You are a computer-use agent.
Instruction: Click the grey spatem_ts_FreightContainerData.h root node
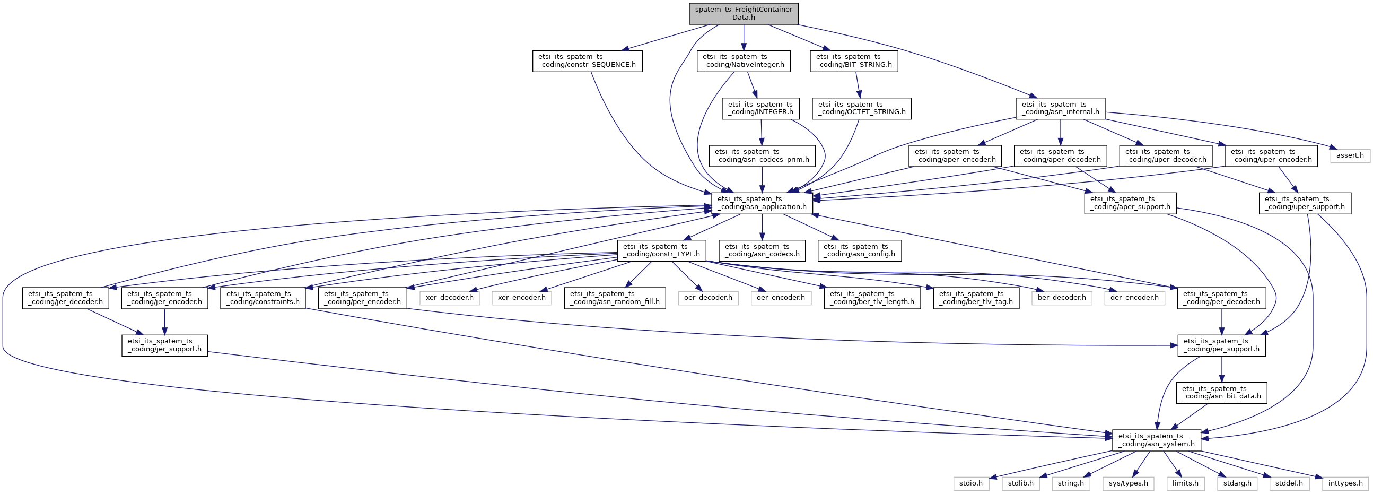click(x=743, y=13)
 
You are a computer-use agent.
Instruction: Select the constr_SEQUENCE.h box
click(x=587, y=61)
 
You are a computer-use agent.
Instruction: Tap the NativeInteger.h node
click(x=743, y=61)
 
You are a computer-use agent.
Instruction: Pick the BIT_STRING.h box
click(x=853, y=61)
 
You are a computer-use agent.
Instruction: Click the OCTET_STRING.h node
click(x=861, y=108)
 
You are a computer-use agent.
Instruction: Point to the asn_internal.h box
click(x=1060, y=108)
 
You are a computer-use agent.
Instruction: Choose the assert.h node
click(x=1350, y=156)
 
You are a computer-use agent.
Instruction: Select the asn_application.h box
click(x=762, y=203)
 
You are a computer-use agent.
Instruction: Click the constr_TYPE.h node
click(x=661, y=250)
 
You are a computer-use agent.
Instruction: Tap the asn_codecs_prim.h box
click(x=762, y=156)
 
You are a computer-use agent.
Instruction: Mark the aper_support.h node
click(x=1130, y=203)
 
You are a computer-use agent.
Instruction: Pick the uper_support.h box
click(x=1305, y=203)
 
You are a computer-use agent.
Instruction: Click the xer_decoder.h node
click(x=449, y=298)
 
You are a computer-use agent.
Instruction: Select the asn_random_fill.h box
click(x=615, y=298)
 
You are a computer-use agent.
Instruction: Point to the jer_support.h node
click(x=164, y=345)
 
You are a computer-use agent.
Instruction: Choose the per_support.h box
click(x=1221, y=345)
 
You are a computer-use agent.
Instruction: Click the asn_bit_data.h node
click(x=1221, y=393)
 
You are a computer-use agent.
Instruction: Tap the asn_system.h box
click(x=1156, y=440)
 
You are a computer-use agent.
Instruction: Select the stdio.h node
click(x=971, y=483)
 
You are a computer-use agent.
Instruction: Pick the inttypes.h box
click(x=1345, y=483)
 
